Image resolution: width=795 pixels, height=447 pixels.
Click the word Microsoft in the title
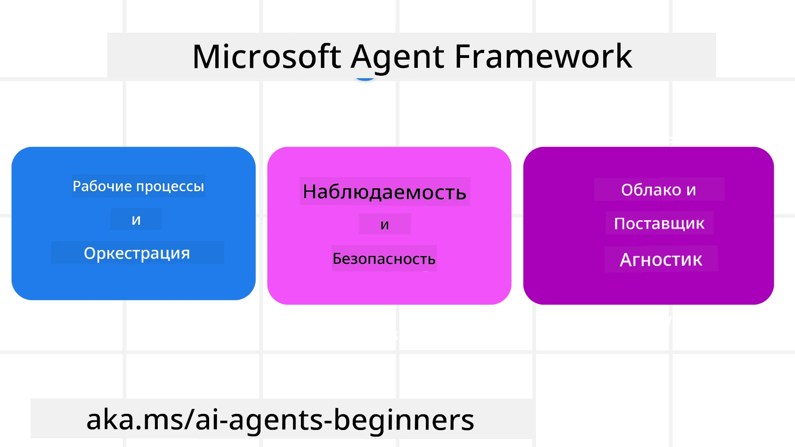coord(267,57)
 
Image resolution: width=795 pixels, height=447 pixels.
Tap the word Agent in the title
coord(397,57)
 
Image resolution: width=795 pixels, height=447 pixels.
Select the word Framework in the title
coord(543,57)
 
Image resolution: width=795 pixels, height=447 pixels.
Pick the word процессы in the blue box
coord(170,187)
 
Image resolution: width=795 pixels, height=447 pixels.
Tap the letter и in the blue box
coord(136,220)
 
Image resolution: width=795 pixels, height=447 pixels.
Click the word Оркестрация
coord(137,253)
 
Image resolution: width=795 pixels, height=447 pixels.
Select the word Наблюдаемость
coord(384,192)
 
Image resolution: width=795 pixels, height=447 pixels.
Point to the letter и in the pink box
coord(385,225)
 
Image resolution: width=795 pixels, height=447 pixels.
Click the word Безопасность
coord(384,259)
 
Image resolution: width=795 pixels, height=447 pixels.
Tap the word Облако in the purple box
coord(651,190)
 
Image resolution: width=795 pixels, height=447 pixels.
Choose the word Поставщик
coord(659,223)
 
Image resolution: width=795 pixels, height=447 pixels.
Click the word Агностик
coord(661,260)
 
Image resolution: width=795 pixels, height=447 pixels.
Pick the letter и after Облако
coord(691,190)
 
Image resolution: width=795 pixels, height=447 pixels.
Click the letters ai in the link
coord(205,420)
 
